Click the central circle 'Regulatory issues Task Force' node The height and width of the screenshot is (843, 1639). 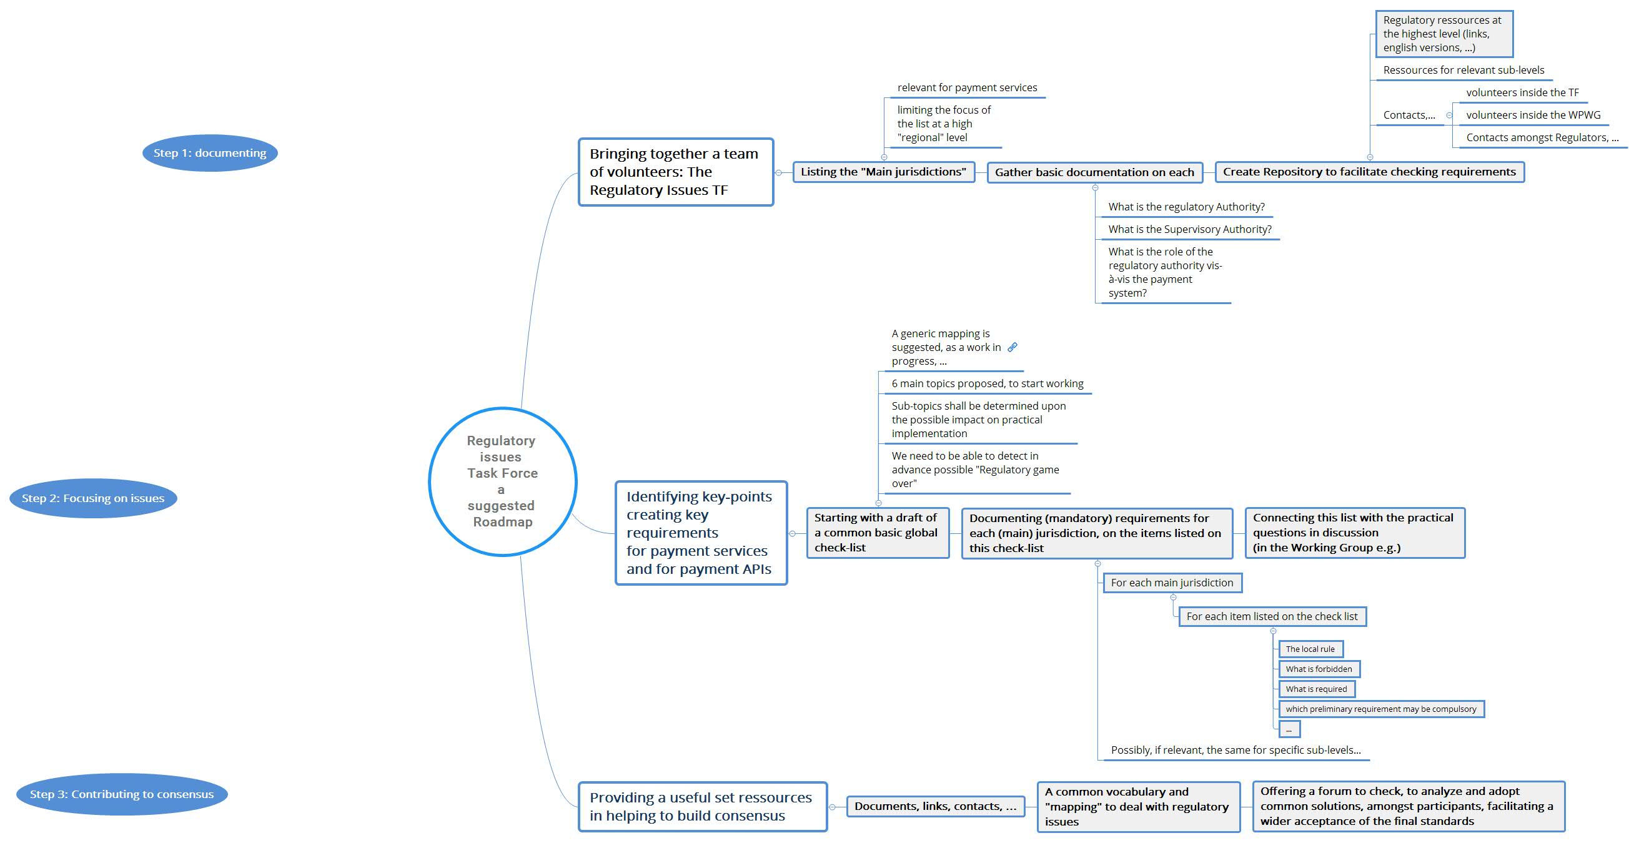[x=502, y=481]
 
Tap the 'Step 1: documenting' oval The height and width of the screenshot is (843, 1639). [x=209, y=153]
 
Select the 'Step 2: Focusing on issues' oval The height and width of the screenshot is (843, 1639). [x=93, y=498]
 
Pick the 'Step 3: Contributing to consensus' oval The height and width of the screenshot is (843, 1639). [x=122, y=794]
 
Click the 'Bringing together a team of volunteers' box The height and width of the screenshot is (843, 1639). [x=675, y=172]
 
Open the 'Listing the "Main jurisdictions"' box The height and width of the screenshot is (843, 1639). [x=883, y=172]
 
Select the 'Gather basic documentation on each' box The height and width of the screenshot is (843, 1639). [x=1094, y=172]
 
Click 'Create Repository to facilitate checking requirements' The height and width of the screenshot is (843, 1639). [x=1369, y=172]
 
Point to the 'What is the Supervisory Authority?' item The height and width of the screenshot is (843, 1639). [x=1189, y=229]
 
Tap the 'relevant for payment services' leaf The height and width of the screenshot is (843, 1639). [x=966, y=88]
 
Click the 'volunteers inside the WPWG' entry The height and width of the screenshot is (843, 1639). [x=1533, y=115]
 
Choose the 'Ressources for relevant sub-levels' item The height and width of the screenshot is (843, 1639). [x=1463, y=70]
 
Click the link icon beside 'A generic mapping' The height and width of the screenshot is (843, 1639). [x=1013, y=347]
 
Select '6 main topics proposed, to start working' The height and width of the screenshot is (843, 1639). [x=987, y=383]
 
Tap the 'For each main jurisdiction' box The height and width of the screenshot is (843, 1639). [x=1171, y=583]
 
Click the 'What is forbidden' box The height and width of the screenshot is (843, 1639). [x=1319, y=669]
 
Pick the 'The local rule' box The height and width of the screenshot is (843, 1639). [x=1310, y=649]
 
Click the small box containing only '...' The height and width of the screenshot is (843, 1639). [x=1289, y=729]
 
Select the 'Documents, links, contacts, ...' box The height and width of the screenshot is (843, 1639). [x=934, y=806]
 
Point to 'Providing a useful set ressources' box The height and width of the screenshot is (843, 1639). [x=702, y=806]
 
